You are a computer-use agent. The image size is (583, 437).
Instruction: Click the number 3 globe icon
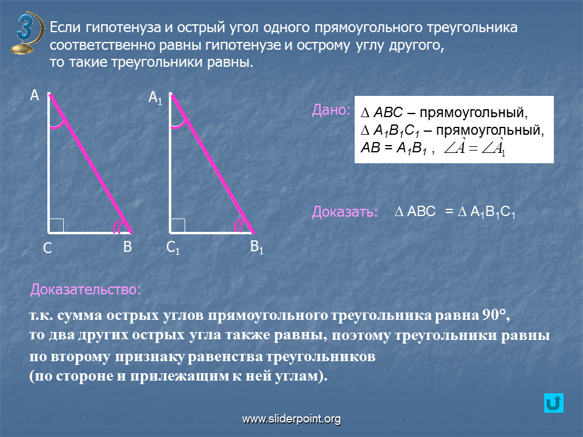tap(27, 33)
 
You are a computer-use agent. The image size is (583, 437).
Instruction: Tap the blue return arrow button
tap(554, 403)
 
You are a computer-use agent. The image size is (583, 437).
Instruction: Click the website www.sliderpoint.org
tap(291, 419)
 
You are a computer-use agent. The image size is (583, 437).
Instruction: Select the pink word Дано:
tap(331, 110)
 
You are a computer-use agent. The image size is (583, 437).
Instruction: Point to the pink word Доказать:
tap(345, 212)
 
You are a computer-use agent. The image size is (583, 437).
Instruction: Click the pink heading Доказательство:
tap(86, 290)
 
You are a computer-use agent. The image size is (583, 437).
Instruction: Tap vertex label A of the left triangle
tap(35, 95)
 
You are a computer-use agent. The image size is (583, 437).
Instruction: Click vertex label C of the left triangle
tap(47, 248)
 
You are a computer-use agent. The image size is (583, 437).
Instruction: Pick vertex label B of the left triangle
tap(128, 247)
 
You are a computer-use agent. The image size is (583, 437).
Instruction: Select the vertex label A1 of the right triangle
tap(155, 98)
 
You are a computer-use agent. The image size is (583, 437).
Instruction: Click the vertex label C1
tap(173, 248)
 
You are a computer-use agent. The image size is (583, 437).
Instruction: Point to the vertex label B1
tap(256, 247)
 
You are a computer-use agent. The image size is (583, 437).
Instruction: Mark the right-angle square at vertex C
tap(56, 226)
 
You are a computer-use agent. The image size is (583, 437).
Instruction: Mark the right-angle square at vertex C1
tap(178, 226)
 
